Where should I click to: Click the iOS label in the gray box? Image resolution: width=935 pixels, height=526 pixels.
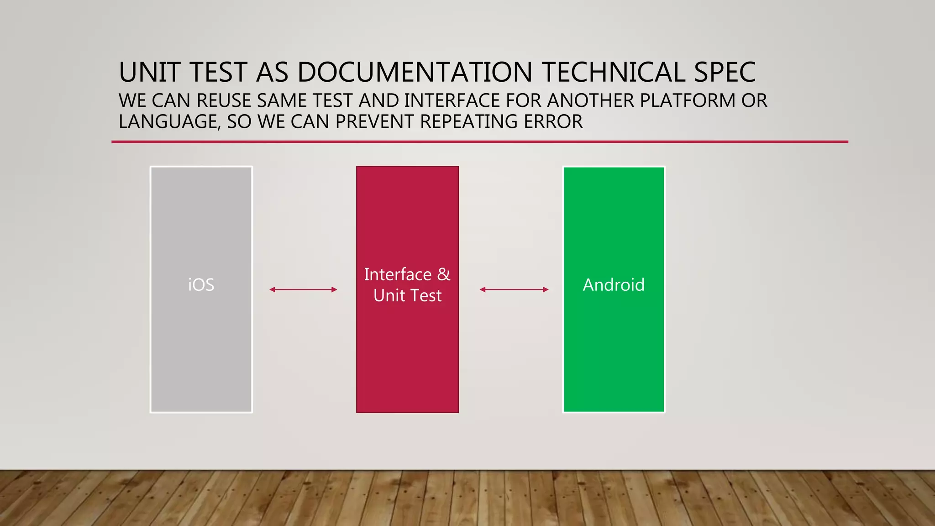pyautogui.click(x=201, y=285)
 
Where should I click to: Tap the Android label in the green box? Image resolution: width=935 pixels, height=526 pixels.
pyautogui.click(x=614, y=285)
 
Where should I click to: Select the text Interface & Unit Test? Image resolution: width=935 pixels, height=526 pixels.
pyautogui.click(x=407, y=285)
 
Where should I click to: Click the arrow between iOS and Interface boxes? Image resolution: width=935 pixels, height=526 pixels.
pyautogui.click(x=303, y=289)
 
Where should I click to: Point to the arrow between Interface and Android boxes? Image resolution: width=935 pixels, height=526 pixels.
pyautogui.click(x=514, y=289)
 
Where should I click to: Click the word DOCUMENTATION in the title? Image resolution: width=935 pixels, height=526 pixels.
pyautogui.click(x=415, y=72)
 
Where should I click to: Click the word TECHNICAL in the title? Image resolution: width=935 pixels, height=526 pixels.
pyautogui.click(x=613, y=72)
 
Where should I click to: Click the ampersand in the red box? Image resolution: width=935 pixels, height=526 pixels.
pyautogui.click(x=443, y=274)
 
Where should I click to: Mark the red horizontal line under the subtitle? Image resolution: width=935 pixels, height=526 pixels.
pyautogui.click(x=479, y=142)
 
